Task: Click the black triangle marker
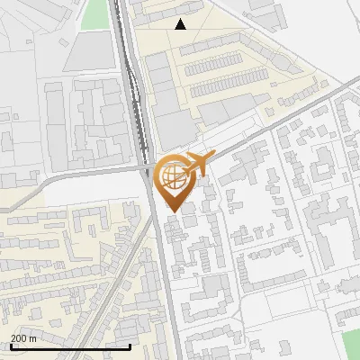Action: tap(181, 24)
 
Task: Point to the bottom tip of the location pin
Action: tap(172, 210)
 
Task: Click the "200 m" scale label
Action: tap(24, 337)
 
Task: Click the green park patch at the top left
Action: tap(94, 15)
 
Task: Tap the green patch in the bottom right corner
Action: tap(351, 345)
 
